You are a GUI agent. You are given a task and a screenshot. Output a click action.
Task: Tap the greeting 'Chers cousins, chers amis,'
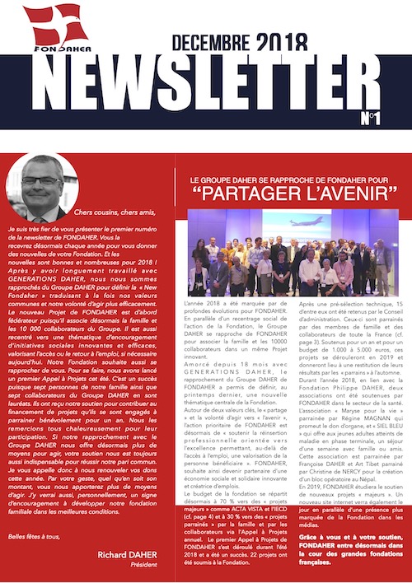tap(124, 212)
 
